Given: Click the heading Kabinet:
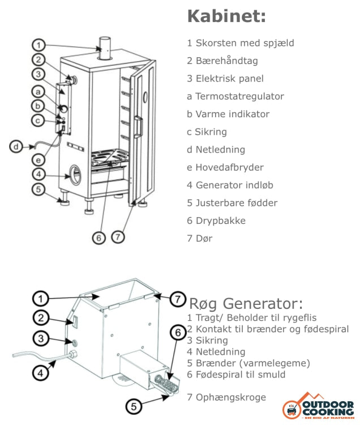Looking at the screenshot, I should (x=226, y=16).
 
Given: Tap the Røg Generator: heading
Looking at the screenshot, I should (x=246, y=304).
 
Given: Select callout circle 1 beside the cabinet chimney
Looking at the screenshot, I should (x=38, y=45).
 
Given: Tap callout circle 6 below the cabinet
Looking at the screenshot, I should (x=99, y=238).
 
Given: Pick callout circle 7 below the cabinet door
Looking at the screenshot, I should (x=117, y=237).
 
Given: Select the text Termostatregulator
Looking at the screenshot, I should (x=239, y=96).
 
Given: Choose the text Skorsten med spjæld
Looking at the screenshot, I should (x=245, y=43).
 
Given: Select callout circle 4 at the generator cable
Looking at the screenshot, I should (x=39, y=373).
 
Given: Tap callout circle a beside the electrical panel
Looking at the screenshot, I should (x=38, y=91).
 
